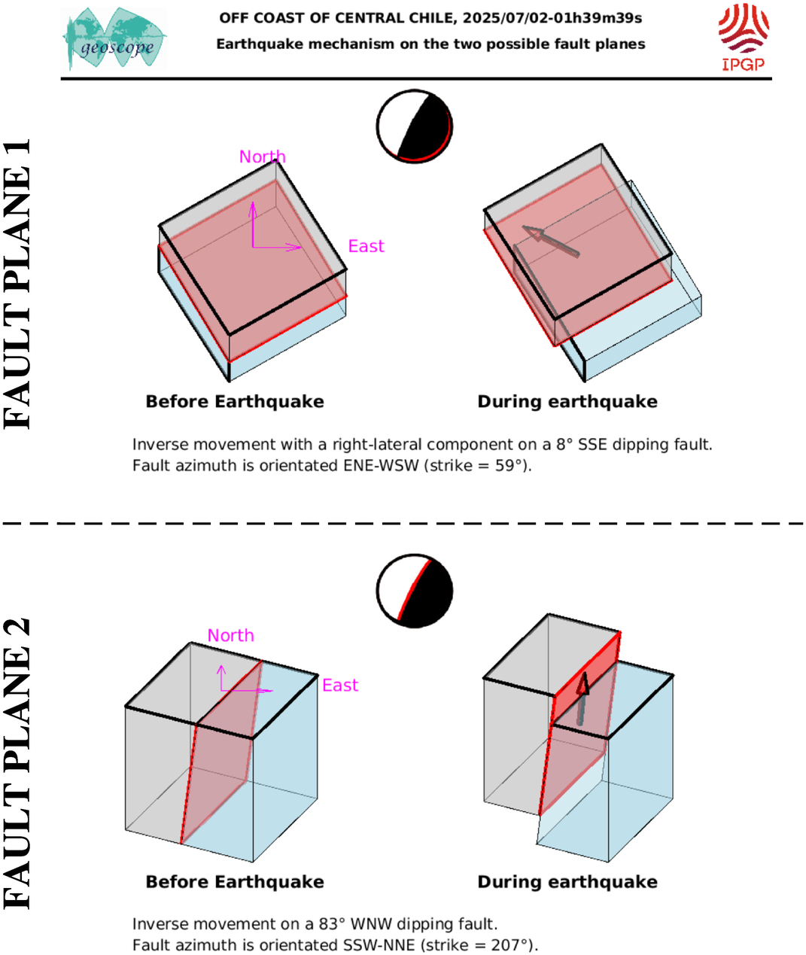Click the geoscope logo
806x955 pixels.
click(x=114, y=39)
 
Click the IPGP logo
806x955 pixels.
click(x=744, y=38)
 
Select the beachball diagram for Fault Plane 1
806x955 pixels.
click(x=415, y=126)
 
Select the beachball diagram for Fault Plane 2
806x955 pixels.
click(x=415, y=591)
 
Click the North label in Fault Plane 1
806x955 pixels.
click(x=262, y=157)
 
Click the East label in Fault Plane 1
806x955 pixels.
click(x=366, y=246)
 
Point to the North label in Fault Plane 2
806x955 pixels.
click(x=230, y=635)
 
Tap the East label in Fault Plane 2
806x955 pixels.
click(x=340, y=685)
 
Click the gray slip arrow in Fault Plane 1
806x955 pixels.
click(x=551, y=241)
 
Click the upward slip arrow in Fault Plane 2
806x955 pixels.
click(x=582, y=698)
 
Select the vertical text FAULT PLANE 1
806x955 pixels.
click(x=17, y=284)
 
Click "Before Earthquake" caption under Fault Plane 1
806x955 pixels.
click(x=235, y=402)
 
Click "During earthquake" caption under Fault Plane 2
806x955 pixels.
click(x=567, y=881)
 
